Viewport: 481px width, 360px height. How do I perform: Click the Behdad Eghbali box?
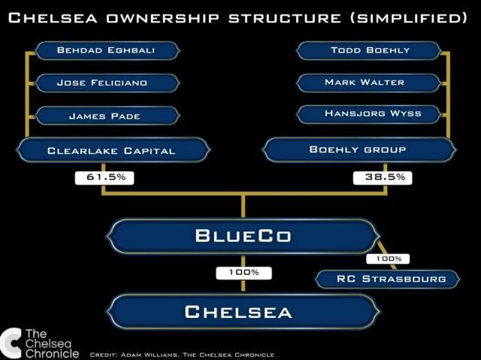click(x=107, y=50)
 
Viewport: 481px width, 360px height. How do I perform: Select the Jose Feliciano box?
click(x=107, y=83)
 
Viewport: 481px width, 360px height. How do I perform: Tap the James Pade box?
click(x=107, y=116)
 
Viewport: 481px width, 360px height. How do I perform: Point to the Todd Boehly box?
click(x=369, y=50)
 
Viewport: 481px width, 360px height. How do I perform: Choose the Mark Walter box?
click(x=369, y=83)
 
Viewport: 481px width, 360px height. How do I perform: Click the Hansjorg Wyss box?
click(x=369, y=114)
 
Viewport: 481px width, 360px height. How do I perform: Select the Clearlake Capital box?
click(x=113, y=150)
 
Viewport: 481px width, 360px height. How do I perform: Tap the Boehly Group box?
click(x=359, y=150)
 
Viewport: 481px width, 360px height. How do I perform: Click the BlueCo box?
click(x=244, y=236)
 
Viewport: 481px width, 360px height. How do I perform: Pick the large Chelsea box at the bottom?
click(x=244, y=312)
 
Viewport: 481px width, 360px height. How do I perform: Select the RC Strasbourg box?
click(x=388, y=279)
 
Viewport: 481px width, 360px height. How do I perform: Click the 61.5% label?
click(x=104, y=178)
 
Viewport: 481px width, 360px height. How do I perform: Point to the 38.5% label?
click(x=383, y=178)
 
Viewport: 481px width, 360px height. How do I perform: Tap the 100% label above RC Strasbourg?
click(x=388, y=259)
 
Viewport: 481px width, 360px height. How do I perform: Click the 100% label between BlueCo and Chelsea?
click(x=244, y=273)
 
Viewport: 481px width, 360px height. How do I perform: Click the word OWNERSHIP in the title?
click(x=163, y=18)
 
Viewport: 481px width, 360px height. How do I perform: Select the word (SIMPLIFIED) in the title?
click(x=409, y=18)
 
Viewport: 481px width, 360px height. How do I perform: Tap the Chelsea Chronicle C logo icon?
click(x=11, y=343)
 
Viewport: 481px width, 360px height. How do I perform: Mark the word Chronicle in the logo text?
click(x=52, y=353)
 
